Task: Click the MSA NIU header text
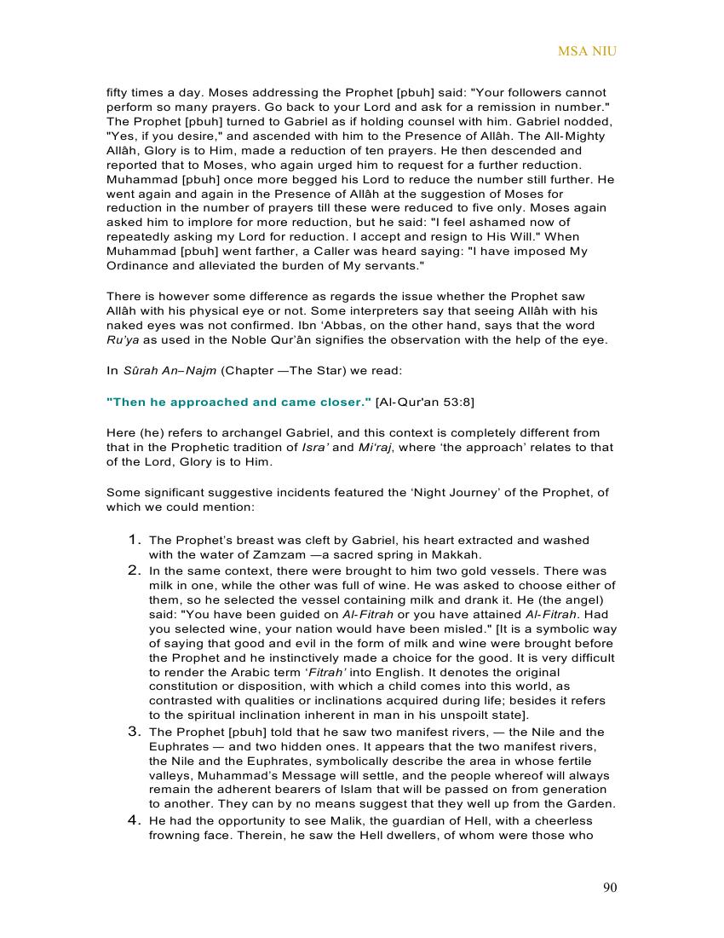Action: click(x=587, y=51)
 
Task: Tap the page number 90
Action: click(x=610, y=888)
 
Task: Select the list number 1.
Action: click(x=135, y=540)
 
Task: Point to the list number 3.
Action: click(x=135, y=731)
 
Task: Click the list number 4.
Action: click(x=135, y=820)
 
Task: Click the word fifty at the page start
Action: click(x=118, y=92)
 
